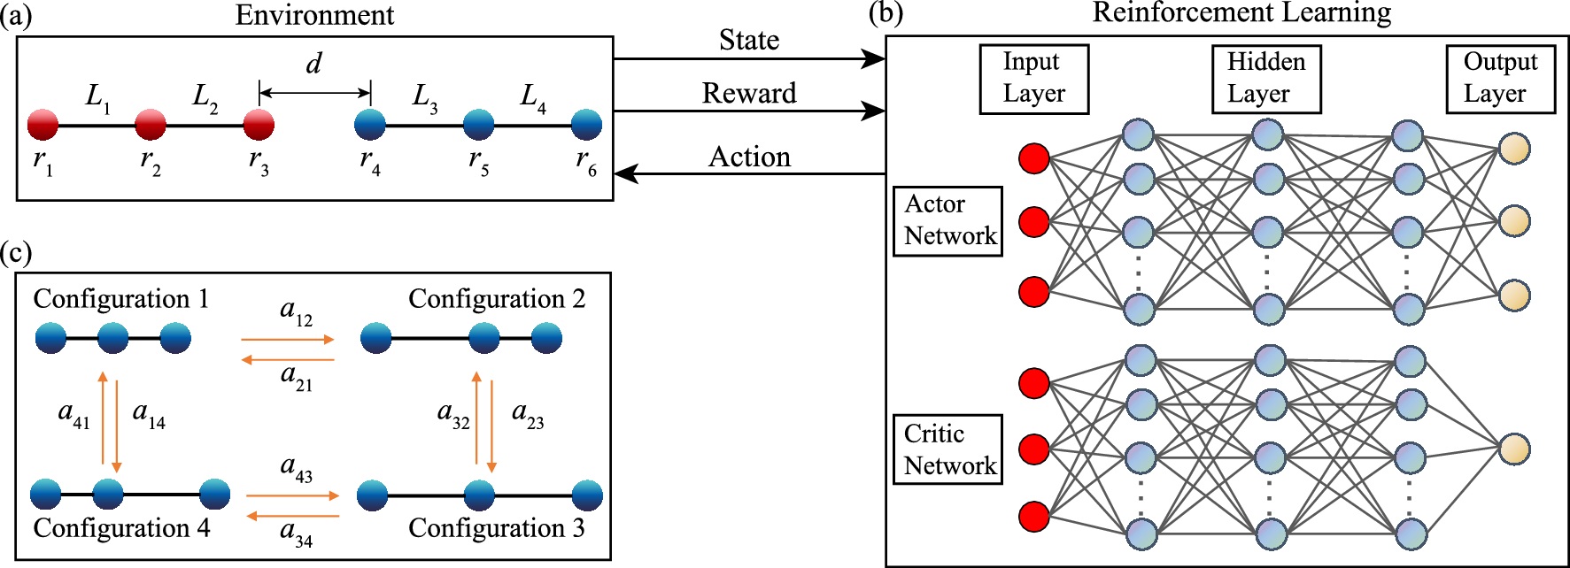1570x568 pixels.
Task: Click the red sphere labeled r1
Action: (43, 126)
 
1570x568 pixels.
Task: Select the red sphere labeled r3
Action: (259, 126)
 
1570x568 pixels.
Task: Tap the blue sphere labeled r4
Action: (370, 125)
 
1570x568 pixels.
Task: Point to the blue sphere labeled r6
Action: (586, 125)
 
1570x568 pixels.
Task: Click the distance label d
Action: (313, 64)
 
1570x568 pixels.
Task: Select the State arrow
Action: (748, 59)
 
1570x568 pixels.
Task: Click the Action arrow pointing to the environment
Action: (748, 173)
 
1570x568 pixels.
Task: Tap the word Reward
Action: (749, 93)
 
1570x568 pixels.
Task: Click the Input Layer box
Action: (1033, 79)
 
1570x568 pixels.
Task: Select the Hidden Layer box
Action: (1266, 79)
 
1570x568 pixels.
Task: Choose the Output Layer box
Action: (1500, 79)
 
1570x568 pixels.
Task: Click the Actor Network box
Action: (947, 220)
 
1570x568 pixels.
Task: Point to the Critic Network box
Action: (947, 449)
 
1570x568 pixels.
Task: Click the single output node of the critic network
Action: (1514, 449)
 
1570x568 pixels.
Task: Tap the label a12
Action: (296, 311)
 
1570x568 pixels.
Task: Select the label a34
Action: (296, 533)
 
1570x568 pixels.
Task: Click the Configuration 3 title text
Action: (496, 528)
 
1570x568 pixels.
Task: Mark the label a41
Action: (73, 413)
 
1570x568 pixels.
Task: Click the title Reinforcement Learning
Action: (1241, 13)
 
